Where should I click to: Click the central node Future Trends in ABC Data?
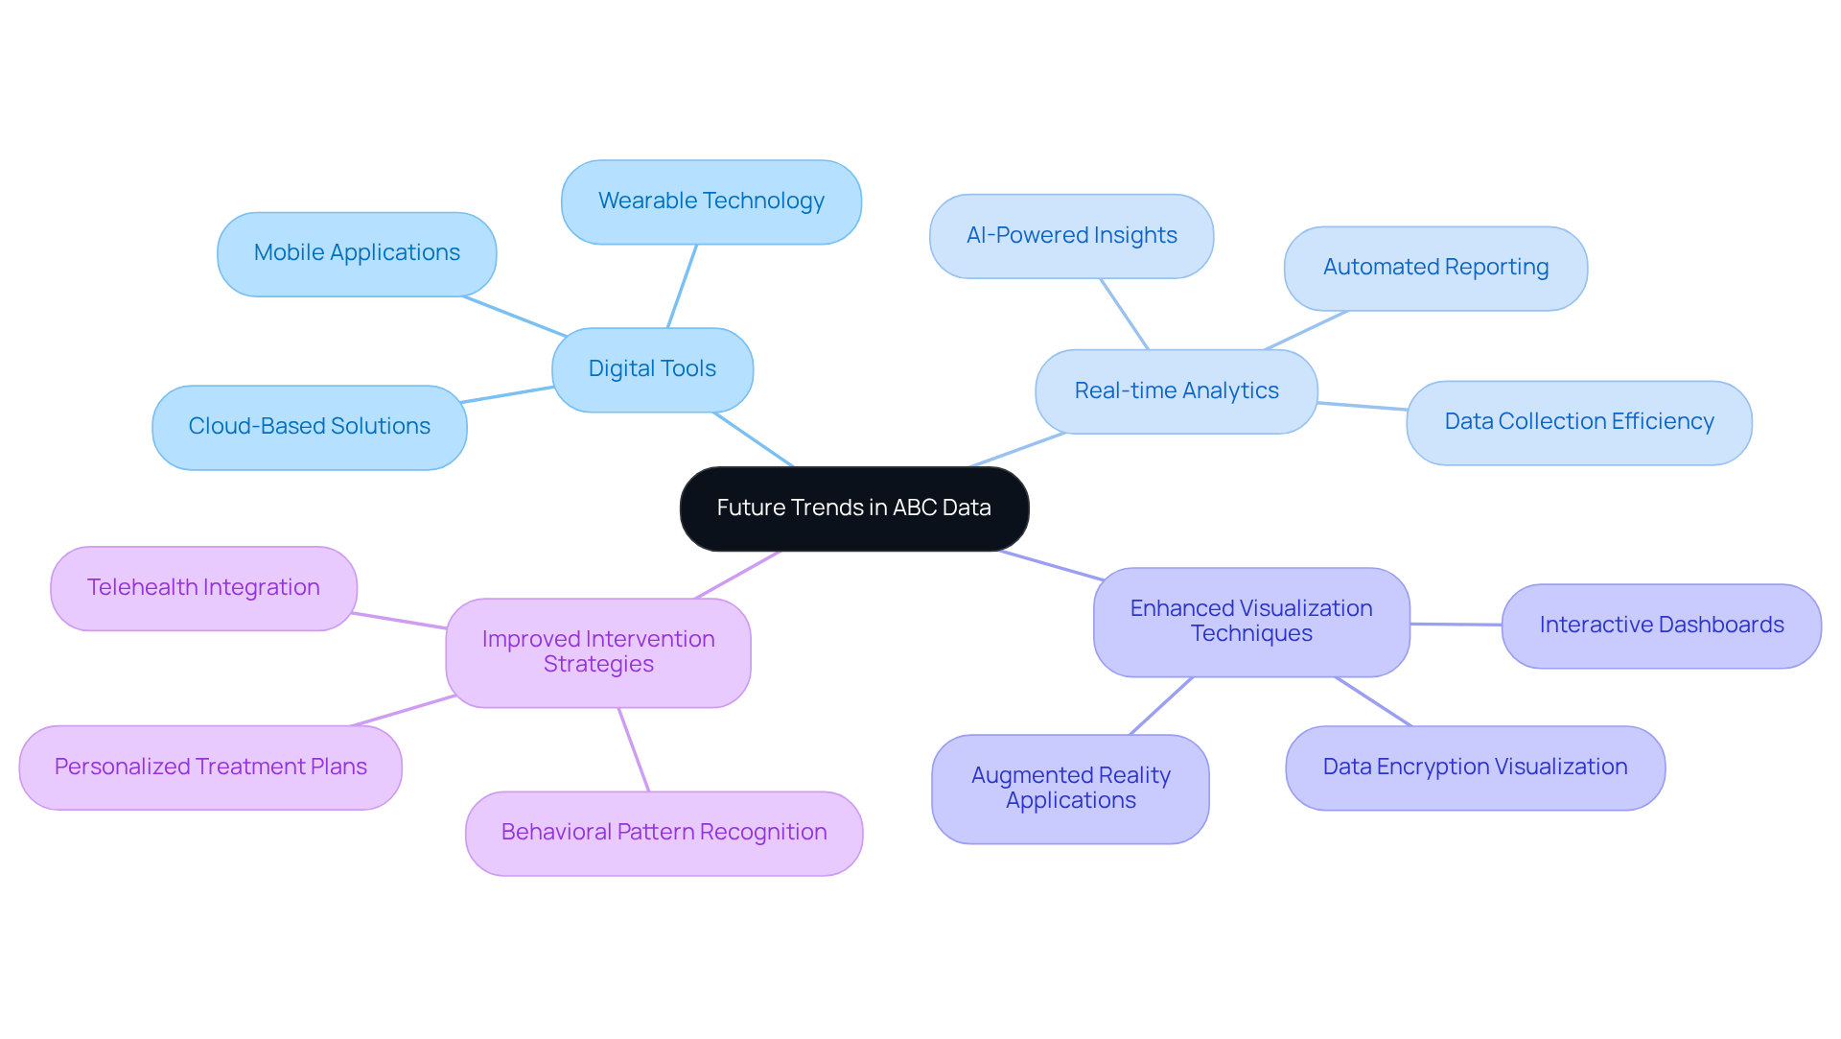click(853, 508)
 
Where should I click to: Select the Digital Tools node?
click(652, 369)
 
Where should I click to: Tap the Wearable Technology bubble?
click(711, 201)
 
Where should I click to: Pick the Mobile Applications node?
click(357, 253)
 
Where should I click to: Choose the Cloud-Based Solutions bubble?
click(309, 427)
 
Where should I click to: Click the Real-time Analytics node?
click(1176, 391)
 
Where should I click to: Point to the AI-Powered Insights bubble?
click(1071, 236)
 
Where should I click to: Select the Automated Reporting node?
click(1435, 268)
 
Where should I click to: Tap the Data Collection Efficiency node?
click(1578, 422)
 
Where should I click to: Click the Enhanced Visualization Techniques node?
click(1250, 622)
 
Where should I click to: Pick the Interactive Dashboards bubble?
click(1661, 626)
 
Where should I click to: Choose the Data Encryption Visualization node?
click(1475, 767)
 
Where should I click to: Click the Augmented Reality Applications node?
click(1070, 789)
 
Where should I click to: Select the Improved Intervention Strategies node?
click(597, 652)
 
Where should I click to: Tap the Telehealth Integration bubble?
click(203, 588)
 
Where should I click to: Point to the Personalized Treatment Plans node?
click(210, 767)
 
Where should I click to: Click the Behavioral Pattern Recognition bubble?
click(664, 833)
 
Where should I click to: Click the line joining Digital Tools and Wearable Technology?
click(682, 287)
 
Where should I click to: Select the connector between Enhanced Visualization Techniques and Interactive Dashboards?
click(1456, 625)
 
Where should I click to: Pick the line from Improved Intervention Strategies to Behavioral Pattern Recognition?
click(634, 749)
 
